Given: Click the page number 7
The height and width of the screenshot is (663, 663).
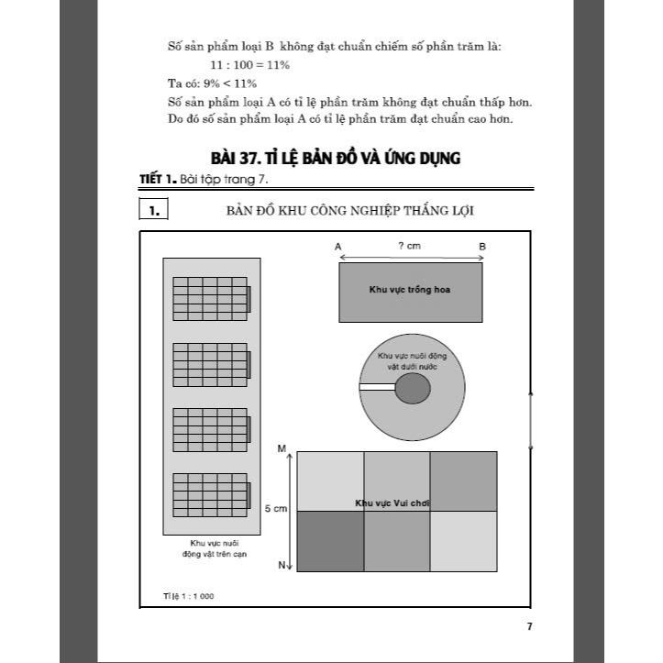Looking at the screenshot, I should click(529, 626).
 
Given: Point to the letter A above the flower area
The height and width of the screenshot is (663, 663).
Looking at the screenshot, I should click(338, 247).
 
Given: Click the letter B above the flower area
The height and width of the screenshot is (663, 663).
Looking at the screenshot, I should click(482, 247).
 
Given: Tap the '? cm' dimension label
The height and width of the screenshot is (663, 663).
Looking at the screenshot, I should click(410, 246).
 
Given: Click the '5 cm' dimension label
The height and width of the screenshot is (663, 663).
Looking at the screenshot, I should click(276, 508).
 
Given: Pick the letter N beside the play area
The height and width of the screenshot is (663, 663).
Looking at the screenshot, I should click(282, 566).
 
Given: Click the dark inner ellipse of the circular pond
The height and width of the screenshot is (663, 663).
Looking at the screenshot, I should click(412, 389).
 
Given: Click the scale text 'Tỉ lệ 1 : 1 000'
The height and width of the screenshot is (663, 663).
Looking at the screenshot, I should click(188, 596).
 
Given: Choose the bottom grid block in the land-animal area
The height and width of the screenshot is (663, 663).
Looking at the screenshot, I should click(211, 492).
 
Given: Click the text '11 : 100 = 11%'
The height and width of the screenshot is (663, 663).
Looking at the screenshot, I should click(250, 65).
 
